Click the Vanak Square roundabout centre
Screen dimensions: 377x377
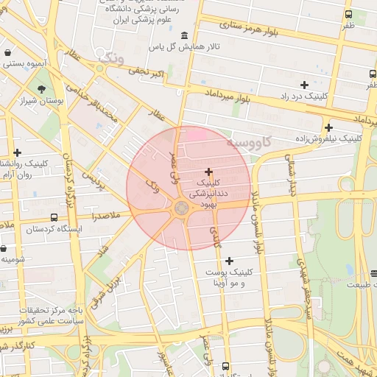point(180,210)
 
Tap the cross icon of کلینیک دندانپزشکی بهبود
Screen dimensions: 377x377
point(208,171)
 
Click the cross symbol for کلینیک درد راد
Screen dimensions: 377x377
point(304,85)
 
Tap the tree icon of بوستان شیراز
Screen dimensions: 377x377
point(41,89)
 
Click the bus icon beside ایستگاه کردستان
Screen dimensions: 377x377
point(54,218)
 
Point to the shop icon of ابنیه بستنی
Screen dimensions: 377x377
point(7,53)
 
